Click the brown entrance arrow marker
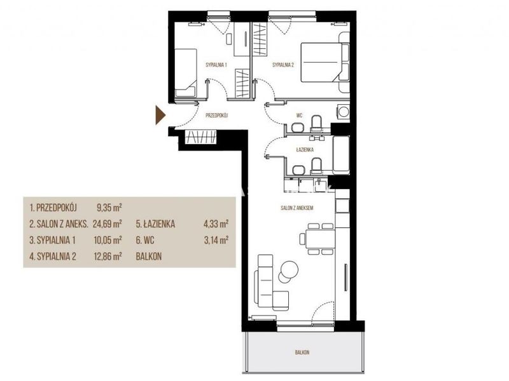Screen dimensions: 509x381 tap(160, 115)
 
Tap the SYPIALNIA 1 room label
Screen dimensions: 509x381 tap(216, 65)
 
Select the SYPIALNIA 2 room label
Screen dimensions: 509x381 tap(283, 65)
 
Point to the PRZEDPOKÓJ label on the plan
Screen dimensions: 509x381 tap(217, 115)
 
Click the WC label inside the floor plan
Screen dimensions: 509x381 tap(299, 116)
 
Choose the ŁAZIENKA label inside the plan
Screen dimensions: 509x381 tap(305, 150)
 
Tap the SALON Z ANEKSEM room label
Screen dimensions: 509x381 tap(297, 208)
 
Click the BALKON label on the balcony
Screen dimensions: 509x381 tap(302, 352)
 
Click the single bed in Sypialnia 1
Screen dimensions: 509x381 tap(186, 73)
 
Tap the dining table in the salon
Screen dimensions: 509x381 tap(321, 239)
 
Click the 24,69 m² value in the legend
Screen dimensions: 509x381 tap(108, 224)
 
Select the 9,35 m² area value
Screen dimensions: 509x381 tap(109, 208)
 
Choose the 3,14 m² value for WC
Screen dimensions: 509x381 tap(216, 240)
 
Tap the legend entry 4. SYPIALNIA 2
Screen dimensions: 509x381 tap(53, 257)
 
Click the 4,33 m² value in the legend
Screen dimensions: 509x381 tap(216, 224)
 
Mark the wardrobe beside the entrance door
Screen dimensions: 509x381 tap(200, 137)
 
